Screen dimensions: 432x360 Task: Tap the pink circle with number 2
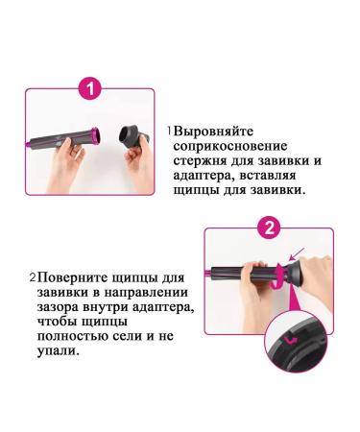pyautogui.click(x=270, y=228)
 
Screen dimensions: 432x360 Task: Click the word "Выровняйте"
pyautogui.click(x=217, y=130)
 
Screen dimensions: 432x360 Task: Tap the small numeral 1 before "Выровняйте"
pyautogui.click(x=169, y=130)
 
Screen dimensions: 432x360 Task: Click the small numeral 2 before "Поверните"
pyautogui.click(x=32, y=276)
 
